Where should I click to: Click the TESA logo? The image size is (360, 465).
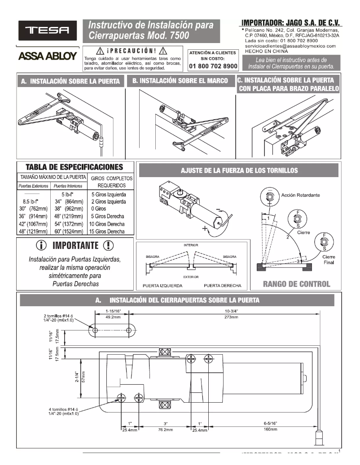point(47,31)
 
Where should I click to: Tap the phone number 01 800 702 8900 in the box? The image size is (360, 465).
point(213,66)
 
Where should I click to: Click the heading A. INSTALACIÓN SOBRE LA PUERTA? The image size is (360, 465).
point(71,82)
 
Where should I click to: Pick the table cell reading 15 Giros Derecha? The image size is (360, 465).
point(108,231)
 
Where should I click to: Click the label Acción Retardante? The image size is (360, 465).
point(300,196)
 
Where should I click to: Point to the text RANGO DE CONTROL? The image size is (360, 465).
point(296,283)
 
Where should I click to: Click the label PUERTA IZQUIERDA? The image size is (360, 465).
point(162,286)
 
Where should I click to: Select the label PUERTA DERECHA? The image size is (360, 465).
point(222,286)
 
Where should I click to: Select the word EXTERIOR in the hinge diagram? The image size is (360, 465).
point(191,277)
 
